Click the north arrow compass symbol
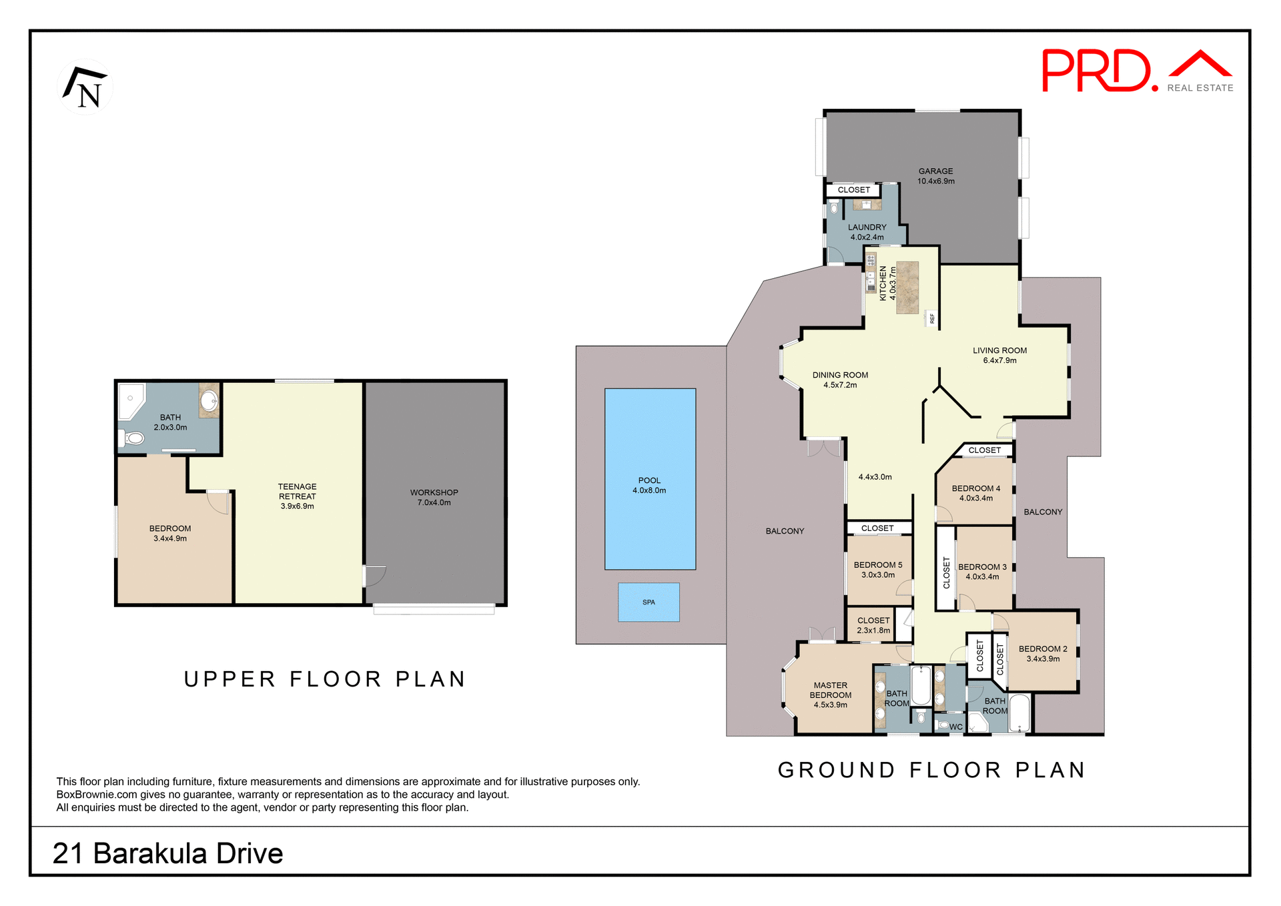pos(85,87)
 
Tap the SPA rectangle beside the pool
pos(649,602)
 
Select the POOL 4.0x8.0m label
pos(649,485)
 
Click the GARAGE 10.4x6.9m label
pos(935,176)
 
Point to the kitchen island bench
pos(907,288)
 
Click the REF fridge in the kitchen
pos(932,318)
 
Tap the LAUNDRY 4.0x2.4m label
pos(867,232)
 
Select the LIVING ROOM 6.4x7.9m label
pos(999,355)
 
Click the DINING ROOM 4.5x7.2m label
pos(840,380)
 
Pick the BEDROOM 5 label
pos(878,569)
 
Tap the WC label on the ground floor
pos(955,727)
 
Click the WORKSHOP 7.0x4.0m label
pos(434,497)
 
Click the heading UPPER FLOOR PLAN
pos(325,679)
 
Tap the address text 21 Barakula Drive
pos(167,853)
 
